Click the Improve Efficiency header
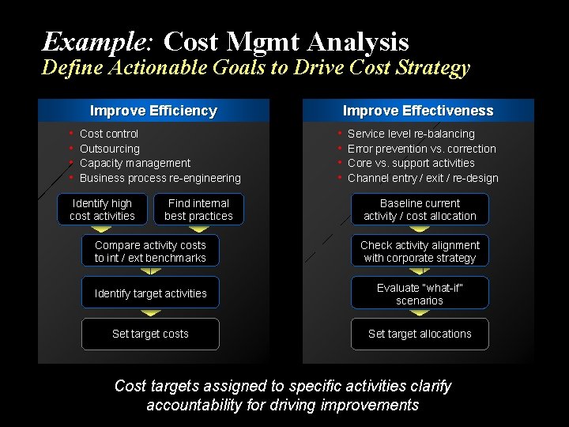[153, 111]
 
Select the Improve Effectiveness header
[418, 111]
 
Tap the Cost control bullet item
[109, 134]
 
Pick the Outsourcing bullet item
[110, 149]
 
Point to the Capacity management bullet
[135, 163]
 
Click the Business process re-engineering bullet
[160, 178]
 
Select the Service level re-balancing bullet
[411, 134]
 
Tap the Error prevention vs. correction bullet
[422, 149]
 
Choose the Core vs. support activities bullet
[411, 163]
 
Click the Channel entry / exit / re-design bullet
[423, 178]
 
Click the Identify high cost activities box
[102, 210]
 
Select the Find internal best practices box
[198, 210]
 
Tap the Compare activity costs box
[150, 251]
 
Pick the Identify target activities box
[150, 293]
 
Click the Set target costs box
[150, 334]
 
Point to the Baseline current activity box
[420, 210]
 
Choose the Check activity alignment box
[420, 251]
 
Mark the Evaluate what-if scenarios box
[420, 293]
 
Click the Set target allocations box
[420, 334]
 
